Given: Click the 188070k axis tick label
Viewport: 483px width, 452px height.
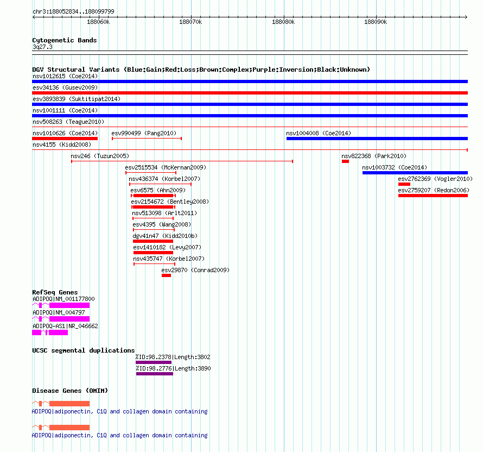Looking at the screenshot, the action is [190, 22].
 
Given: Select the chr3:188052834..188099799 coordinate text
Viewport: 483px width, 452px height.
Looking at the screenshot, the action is [73, 11].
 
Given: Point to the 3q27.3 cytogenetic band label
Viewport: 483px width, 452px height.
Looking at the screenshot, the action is [42, 47].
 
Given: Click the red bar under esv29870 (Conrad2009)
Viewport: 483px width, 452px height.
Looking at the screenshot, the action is [167, 275].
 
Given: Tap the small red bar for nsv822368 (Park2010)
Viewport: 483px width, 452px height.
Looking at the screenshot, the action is [345, 161].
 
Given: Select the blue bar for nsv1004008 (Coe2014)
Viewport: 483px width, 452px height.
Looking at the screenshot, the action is [377, 139].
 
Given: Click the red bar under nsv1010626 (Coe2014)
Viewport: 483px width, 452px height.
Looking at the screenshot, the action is [65, 139].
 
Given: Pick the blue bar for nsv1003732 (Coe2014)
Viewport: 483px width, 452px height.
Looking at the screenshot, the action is [415, 173].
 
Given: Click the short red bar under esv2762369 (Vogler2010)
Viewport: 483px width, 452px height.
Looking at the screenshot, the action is [404, 184].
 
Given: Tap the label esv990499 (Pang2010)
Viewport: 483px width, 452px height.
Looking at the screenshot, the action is [144, 133].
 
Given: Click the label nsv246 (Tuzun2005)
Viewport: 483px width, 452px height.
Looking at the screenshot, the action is [100, 156].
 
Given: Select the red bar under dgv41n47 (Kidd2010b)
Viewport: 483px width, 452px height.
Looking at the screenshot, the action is [153, 241].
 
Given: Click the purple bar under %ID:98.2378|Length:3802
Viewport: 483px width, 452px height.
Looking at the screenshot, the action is [154, 362].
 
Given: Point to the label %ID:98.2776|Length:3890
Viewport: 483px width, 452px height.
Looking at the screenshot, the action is [174, 368].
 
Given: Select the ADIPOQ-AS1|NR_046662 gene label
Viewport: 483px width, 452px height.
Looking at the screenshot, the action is [65, 326].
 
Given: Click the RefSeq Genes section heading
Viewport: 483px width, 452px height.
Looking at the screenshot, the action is [55, 292].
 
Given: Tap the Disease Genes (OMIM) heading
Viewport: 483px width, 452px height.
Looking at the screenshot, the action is [70, 391].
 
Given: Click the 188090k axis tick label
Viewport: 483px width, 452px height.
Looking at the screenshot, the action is [376, 22].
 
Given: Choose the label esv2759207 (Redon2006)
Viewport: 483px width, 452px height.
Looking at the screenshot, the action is [434, 190].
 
